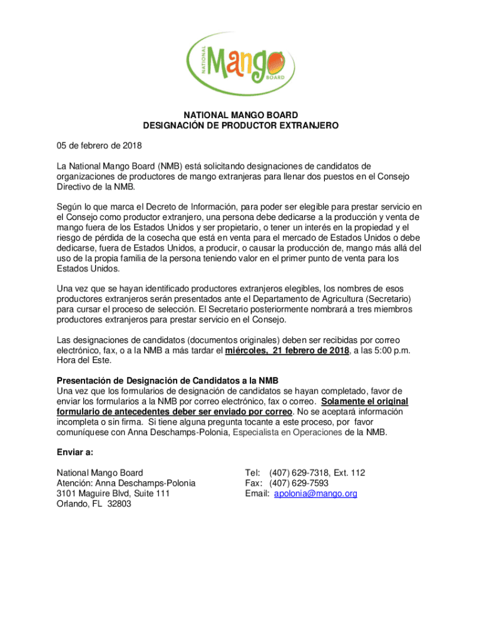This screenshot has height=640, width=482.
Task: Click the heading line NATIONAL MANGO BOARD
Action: [240, 115]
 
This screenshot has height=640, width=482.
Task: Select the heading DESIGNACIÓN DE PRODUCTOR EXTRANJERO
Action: [240, 126]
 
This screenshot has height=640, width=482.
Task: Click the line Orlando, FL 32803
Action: [94, 504]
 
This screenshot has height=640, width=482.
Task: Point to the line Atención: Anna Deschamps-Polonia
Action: [126, 483]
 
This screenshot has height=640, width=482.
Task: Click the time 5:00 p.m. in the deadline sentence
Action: [386, 351]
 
